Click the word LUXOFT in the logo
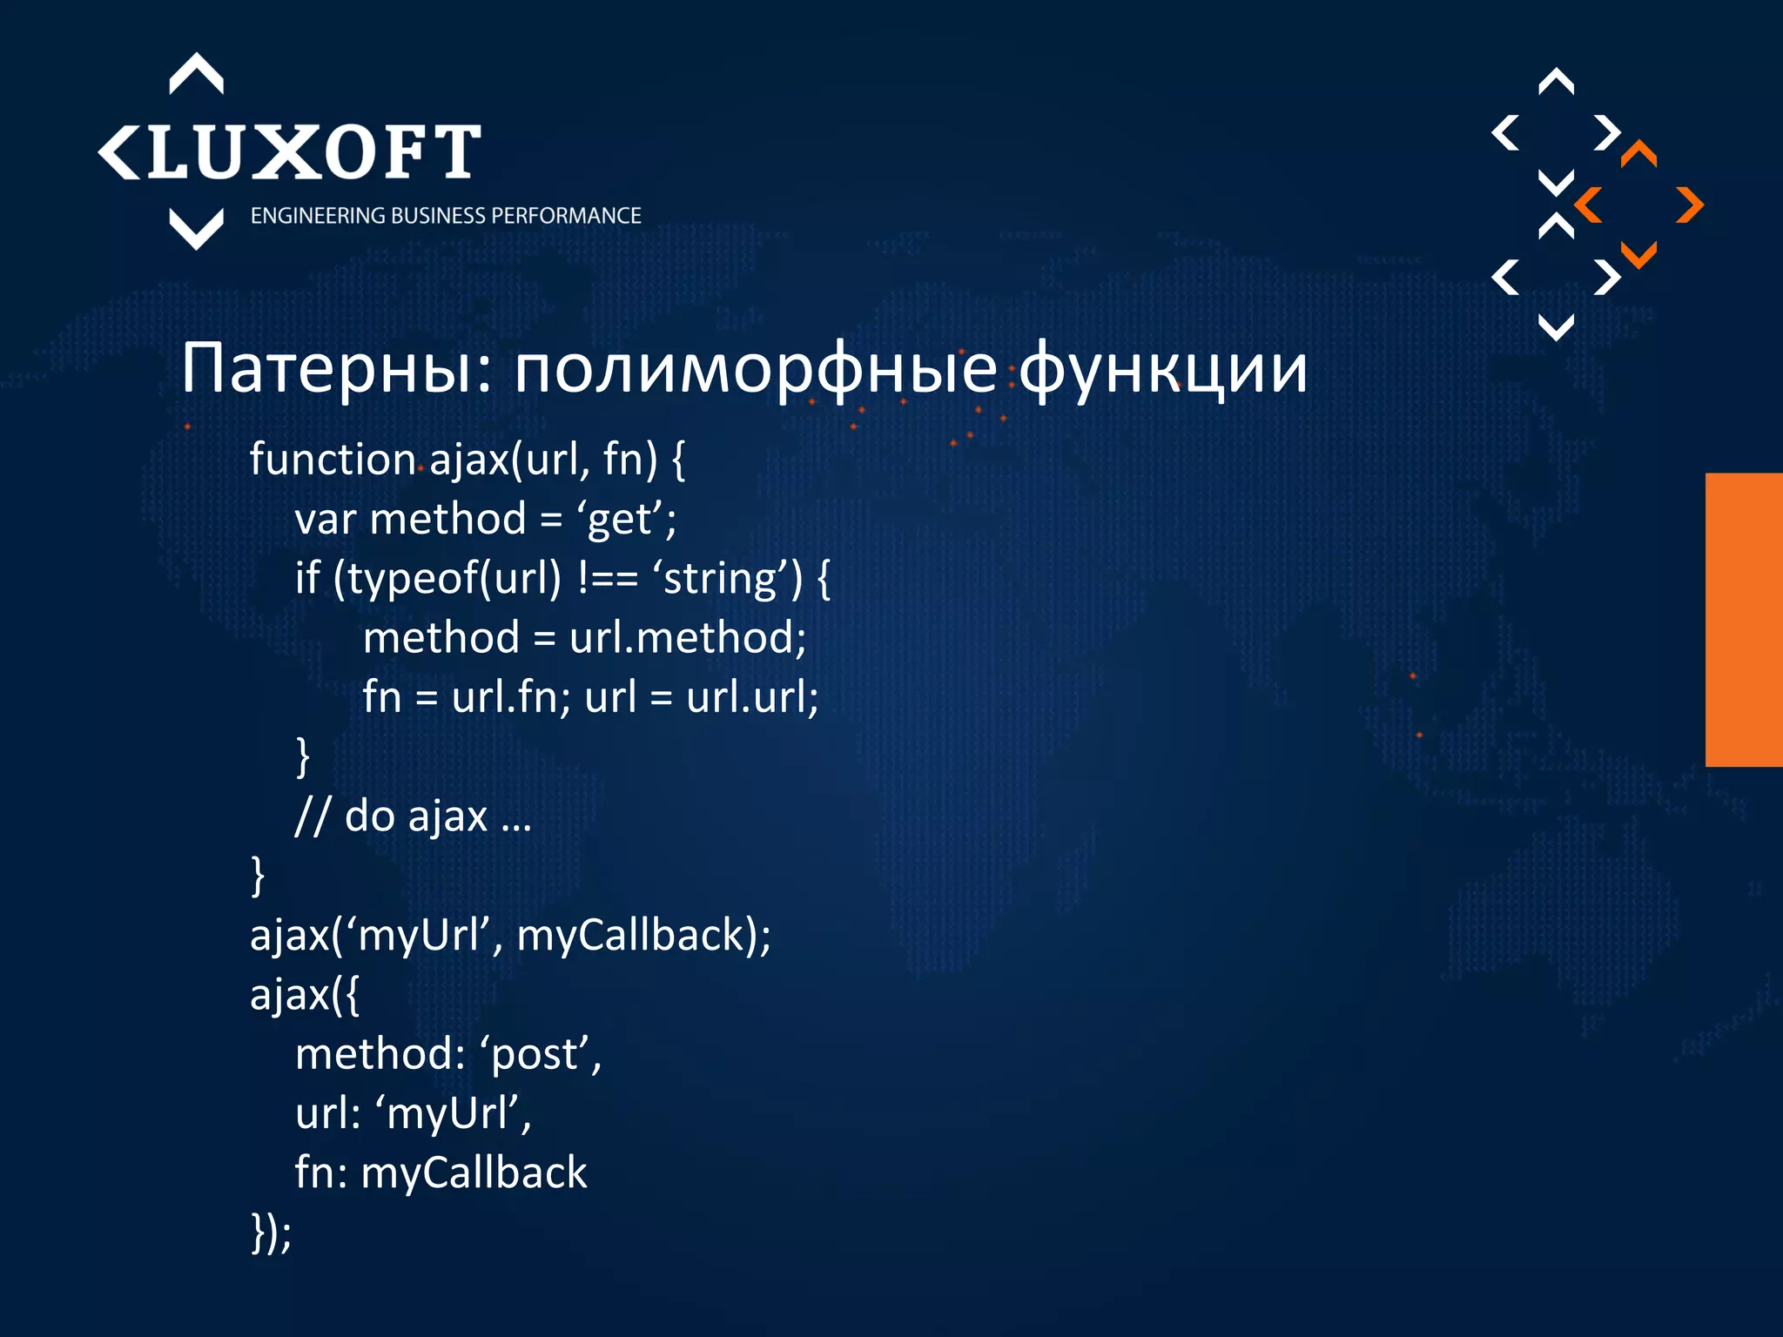(x=313, y=152)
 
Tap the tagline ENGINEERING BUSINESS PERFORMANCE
(x=446, y=216)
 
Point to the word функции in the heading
(x=1162, y=369)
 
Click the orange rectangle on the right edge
(x=1743, y=620)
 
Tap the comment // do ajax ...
(x=413, y=816)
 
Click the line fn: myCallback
(x=441, y=1172)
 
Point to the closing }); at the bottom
(x=271, y=1233)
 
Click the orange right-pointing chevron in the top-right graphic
(x=1690, y=205)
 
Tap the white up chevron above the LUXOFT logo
(x=196, y=73)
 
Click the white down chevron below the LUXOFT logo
(x=196, y=229)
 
